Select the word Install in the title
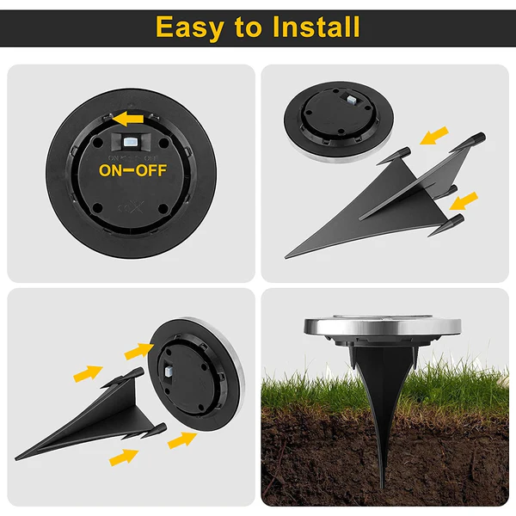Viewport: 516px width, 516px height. click(316, 28)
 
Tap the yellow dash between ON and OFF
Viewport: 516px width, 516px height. click(133, 169)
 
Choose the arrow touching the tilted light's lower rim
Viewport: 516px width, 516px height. click(181, 439)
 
